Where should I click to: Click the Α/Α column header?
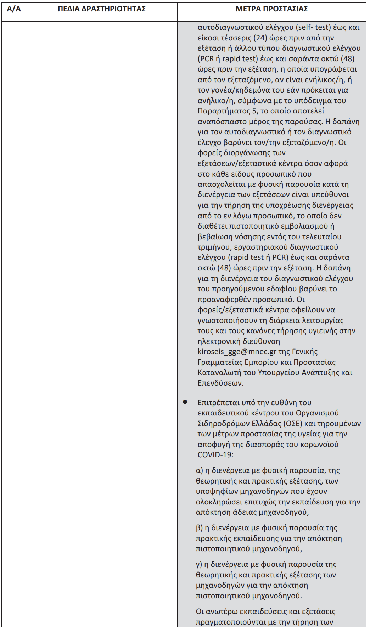coord(14,9)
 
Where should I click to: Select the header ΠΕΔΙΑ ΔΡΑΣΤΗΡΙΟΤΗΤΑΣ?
coord(102,9)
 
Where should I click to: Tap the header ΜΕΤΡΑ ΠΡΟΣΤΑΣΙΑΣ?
coord(271,9)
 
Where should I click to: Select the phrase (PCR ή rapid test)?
coord(227,59)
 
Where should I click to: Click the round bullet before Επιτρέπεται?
coord(185,402)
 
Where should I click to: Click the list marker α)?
coord(200,470)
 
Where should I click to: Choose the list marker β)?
coord(200,528)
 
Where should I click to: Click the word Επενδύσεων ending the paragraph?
coord(220,383)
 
